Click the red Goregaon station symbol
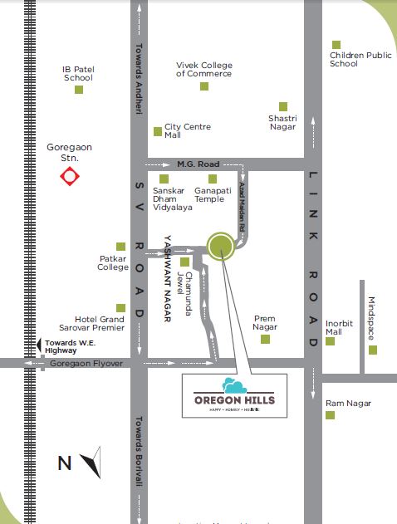click(x=68, y=176)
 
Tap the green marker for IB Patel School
click(x=79, y=90)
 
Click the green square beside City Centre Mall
click(x=158, y=131)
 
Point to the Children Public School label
click(x=360, y=59)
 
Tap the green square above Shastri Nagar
click(x=283, y=106)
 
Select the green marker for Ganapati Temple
click(x=213, y=179)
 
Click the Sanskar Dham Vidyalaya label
click(x=172, y=198)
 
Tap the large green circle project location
click(x=221, y=246)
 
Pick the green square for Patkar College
click(x=121, y=247)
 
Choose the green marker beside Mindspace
click(x=372, y=350)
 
